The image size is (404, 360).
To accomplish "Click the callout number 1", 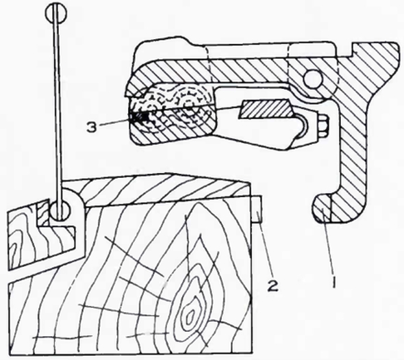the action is tap(334, 282).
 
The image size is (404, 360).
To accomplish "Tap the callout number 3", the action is tap(92, 127).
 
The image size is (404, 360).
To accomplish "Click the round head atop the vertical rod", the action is tap(56, 14).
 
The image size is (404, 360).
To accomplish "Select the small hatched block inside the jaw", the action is tap(266, 110).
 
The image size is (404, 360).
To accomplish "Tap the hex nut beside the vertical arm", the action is tap(323, 126).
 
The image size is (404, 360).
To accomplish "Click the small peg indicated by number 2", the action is tap(257, 209).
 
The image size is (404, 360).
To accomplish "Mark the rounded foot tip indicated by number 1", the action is tap(323, 208).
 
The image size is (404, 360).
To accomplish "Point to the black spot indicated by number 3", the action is tap(140, 117).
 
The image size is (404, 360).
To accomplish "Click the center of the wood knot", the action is tap(190, 315).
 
